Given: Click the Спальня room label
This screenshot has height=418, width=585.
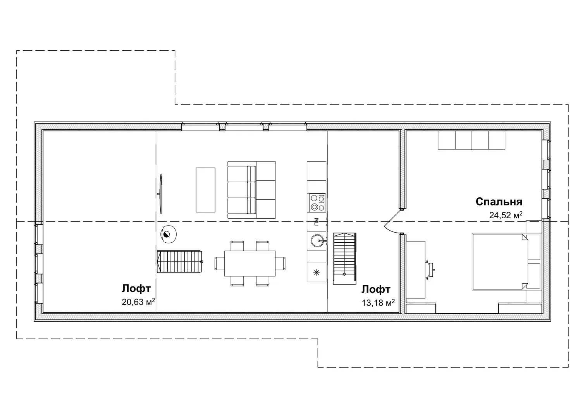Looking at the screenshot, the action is click(499, 202).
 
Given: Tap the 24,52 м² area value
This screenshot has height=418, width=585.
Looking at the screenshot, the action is click(506, 215).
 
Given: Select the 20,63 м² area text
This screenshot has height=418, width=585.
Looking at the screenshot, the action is click(138, 302).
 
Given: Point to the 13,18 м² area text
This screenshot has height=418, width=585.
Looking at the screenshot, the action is click(378, 303).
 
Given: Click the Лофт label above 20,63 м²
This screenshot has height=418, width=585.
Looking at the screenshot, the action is click(136, 289).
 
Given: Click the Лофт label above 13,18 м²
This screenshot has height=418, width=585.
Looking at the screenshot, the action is click(376, 290).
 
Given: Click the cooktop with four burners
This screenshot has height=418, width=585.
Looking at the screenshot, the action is click(317, 202).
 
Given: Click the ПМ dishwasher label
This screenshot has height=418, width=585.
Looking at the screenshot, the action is click(316, 221).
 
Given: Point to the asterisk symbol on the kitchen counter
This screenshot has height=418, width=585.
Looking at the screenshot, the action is click(317, 273).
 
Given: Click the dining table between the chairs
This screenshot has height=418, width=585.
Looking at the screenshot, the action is click(250, 264).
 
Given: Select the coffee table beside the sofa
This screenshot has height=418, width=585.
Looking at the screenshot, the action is click(206, 190).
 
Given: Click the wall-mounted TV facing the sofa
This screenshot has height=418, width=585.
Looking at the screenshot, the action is click(161, 194).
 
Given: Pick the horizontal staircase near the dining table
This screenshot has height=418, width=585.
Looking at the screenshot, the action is click(179, 262).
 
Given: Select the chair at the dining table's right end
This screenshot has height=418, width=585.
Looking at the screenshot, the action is click(280, 263).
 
